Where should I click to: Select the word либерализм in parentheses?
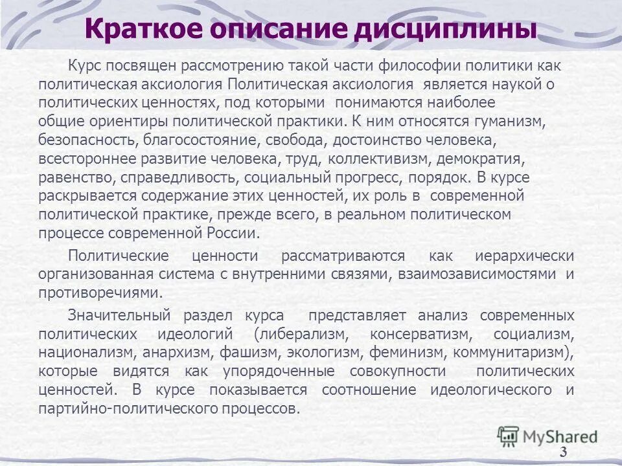[303, 334]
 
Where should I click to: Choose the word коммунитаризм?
[513, 353]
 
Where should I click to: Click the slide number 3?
[563, 452]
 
